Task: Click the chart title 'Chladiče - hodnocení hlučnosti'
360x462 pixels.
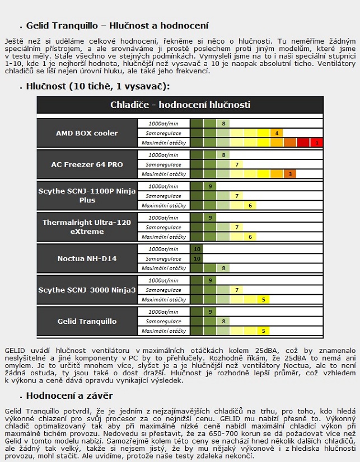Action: coord(180,105)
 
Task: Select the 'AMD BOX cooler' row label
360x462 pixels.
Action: coord(87,133)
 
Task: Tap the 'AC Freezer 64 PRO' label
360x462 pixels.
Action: coord(87,164)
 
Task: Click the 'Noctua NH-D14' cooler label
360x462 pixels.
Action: coord(87,258)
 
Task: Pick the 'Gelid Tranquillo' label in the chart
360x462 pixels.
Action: coord(87,321)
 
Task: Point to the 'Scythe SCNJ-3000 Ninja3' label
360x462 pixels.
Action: coord(87,290)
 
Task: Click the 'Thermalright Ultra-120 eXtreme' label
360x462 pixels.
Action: coord(87,227)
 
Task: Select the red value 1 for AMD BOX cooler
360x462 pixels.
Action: coord(317,143)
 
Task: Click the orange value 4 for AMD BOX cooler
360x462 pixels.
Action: coord(277,133)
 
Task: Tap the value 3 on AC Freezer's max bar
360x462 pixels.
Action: coord(290,175)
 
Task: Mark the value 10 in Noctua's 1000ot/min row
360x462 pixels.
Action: coord(197,249)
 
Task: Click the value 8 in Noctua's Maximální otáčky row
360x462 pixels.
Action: coord(223,268)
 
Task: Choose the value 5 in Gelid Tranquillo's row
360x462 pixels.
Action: coord(263,331)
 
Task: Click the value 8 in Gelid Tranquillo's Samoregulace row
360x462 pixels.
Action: coord(223,321)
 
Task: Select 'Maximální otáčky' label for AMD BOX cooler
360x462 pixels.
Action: coord(163,143)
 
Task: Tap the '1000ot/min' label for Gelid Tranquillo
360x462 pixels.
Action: coord(163,312)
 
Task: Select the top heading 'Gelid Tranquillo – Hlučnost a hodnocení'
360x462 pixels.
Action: coord(117,26)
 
